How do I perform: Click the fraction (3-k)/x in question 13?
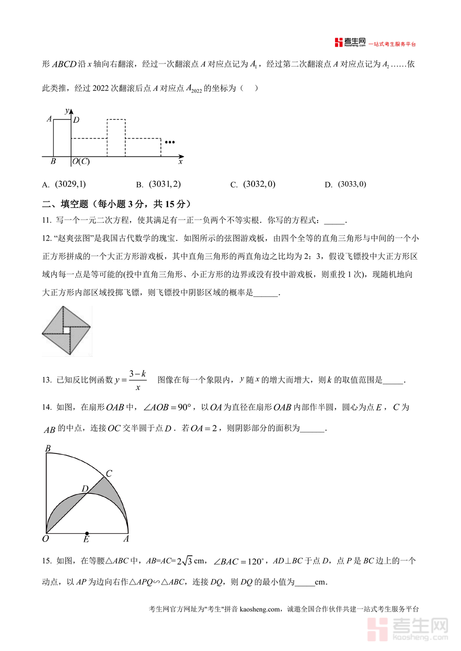click(x=138, y=380)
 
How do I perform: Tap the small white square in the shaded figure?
click(x=66, y=331)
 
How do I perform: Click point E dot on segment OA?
click(x=87, y=533)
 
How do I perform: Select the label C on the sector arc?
click(x=109, y=473)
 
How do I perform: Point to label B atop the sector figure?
click(x=48, y=449)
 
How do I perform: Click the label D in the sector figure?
click(x=85, y=489)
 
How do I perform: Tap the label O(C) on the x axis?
click(x=81, y=162)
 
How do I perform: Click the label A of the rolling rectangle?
click(x=49, y=119)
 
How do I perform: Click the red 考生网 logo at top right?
click(x=350, y=42)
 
